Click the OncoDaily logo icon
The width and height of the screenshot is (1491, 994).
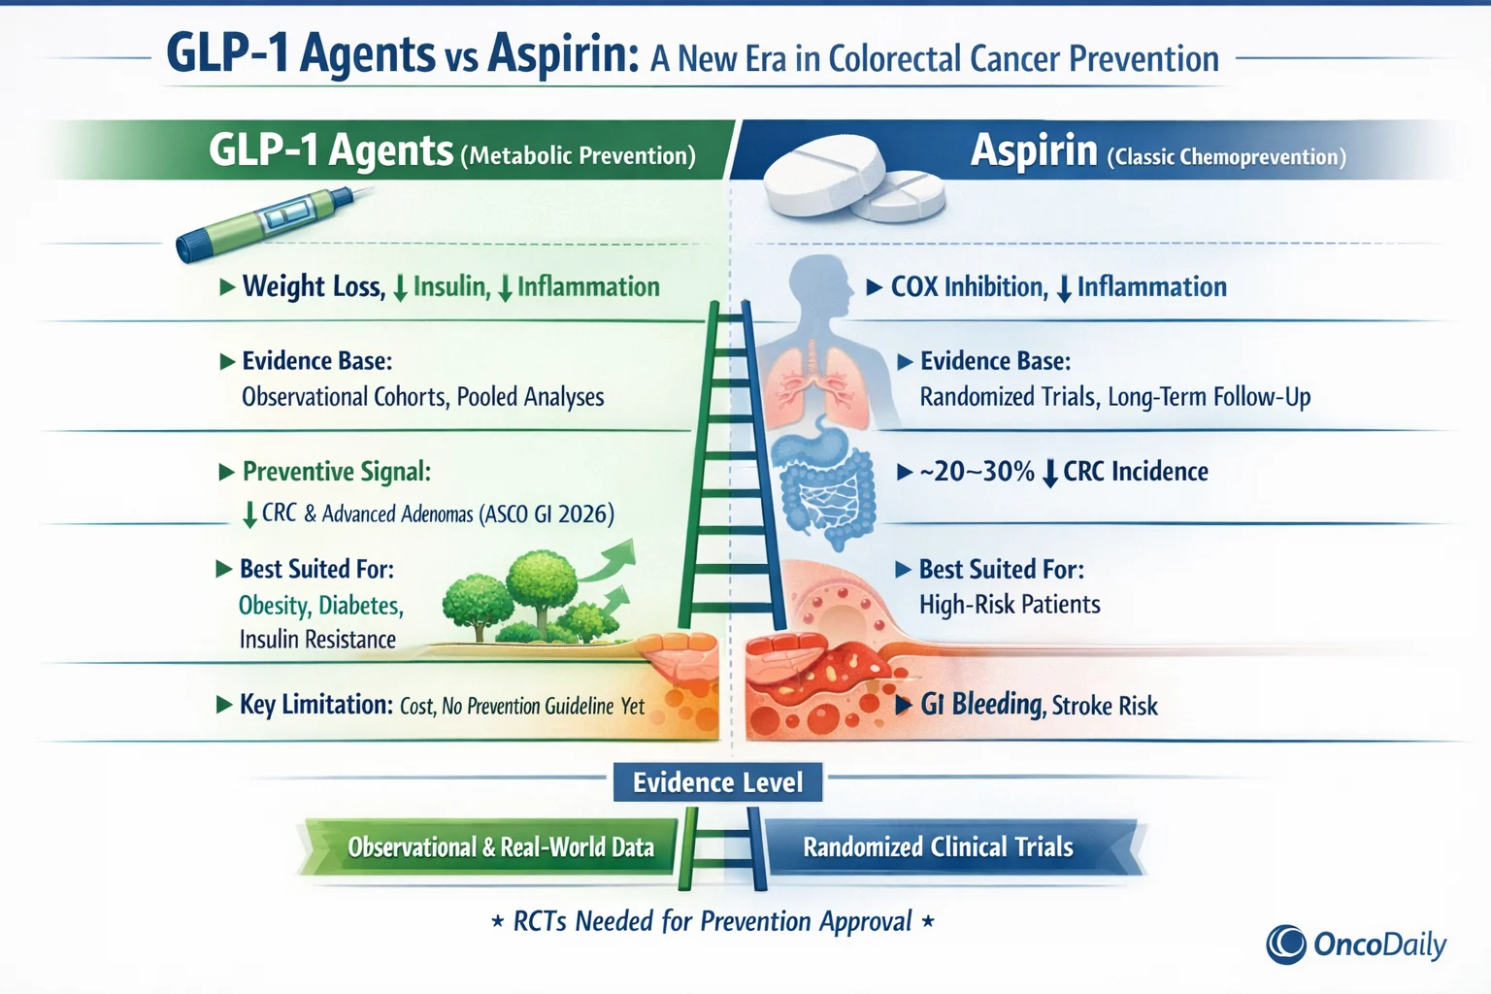point(1286,944)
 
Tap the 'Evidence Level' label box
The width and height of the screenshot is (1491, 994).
point(717,782)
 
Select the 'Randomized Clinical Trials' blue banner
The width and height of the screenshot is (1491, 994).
point(938,847)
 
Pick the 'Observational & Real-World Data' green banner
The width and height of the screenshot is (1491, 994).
point(500,847)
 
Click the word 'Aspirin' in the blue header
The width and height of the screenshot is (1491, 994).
point(1034,152)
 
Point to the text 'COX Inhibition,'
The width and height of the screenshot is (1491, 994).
point(969,287)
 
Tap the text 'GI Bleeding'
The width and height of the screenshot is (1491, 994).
point(981,705)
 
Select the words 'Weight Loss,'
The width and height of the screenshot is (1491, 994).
point(314,286)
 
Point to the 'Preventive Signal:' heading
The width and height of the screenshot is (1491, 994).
point(336,472)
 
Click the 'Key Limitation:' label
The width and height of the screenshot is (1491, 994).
point(316,705)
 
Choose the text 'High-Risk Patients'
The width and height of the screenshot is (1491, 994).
point(1010,605)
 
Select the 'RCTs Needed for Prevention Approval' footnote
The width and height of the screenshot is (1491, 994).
point(712,921)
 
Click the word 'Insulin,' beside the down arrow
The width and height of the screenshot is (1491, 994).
point(451,286)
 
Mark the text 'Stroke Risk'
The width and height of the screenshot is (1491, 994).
point(1105,706)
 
